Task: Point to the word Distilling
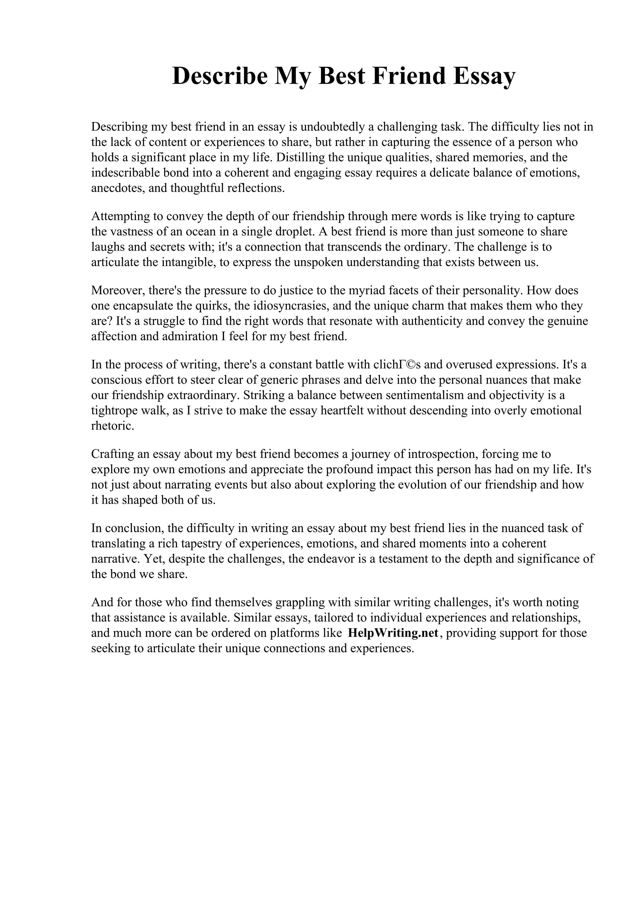[x=300, y=157]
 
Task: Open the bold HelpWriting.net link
[x=393, y=633]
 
